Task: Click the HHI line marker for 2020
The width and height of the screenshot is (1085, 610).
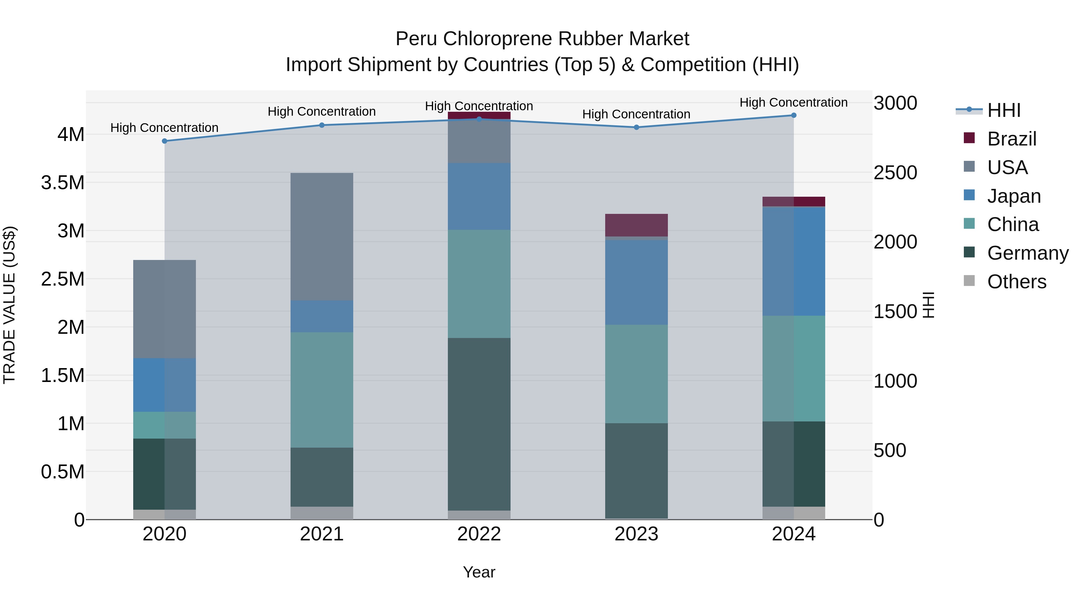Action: pyautogui.click(x=165, y=141)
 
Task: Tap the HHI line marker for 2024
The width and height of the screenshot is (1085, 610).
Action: pyautogui.click(x=794, y=115)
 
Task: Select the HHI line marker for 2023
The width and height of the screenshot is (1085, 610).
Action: pyautogui.click(x=637, y=127)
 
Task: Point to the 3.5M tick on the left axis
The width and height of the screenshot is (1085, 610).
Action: pyautogui.click(x=63, y=183)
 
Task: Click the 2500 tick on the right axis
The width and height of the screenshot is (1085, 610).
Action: pyautogui.click(x=895, y=173)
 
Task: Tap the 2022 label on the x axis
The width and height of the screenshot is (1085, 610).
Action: pyautogui.click(x=479, y=534)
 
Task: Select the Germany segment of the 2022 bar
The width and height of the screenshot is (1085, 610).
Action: pyautogui.click(x=479, y=424)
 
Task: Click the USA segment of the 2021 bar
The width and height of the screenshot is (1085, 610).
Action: pyautogui.click(x=322, y=236)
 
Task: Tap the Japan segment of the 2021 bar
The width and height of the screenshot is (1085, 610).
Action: pyautogui.click(x=322, y=316)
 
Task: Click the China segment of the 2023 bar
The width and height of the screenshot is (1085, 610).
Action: pyautogui.click(x=637, y=374)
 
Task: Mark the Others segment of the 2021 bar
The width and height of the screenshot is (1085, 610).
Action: pyautogui.click(x=322, y=513)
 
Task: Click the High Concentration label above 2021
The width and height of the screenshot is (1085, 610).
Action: pyautogui.click(x=322, y=111)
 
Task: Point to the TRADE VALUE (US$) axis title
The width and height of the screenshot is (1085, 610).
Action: pyautogui.click(x=10, y=305)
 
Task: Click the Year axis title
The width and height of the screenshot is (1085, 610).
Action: pyautogui.click(x=479, y=572)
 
